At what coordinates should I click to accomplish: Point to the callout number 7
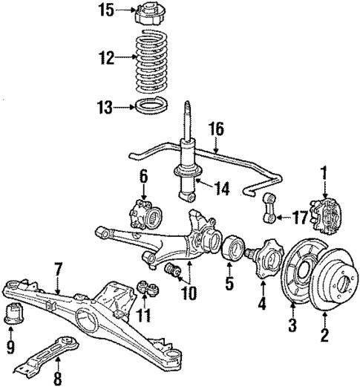coord(56,267)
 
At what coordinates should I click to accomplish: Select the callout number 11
coord(144,316)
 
